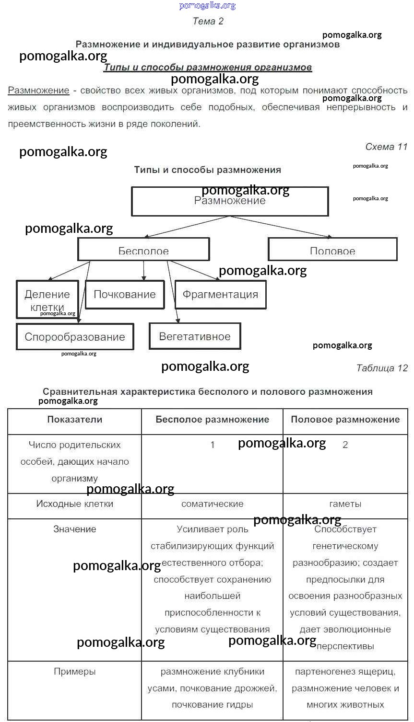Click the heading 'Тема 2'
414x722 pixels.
(x=208, y=21)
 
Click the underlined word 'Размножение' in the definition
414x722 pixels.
(x=38, y=91)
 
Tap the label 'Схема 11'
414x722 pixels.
(x=386, y=147)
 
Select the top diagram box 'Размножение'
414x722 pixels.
(x=230, y=201)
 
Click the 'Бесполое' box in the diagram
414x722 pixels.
(x=143, y=250)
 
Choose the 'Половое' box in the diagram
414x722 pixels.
(x=332, y=250)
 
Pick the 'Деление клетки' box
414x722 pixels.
(x=47, y=299)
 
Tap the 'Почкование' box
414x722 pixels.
(x=125, y=294)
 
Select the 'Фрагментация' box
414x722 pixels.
(x=220, y=294)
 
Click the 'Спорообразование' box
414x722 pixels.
(x=75, y=337)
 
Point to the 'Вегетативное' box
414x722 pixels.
(x=195, y=336)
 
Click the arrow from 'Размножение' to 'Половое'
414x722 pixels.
(x=283, y=227)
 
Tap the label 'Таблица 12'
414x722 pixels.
(x=382, y=368)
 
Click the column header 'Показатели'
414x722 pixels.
(x=75, y=420)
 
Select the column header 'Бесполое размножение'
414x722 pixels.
(x=212, y=420)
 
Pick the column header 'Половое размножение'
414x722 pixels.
(x=345, y=420)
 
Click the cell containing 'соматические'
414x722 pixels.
(x=212, y=504)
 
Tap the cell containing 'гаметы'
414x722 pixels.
(x=345, y=504)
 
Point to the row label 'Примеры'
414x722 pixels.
(x=75, y=672)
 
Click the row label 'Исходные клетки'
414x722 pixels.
(x=75, y=504)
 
